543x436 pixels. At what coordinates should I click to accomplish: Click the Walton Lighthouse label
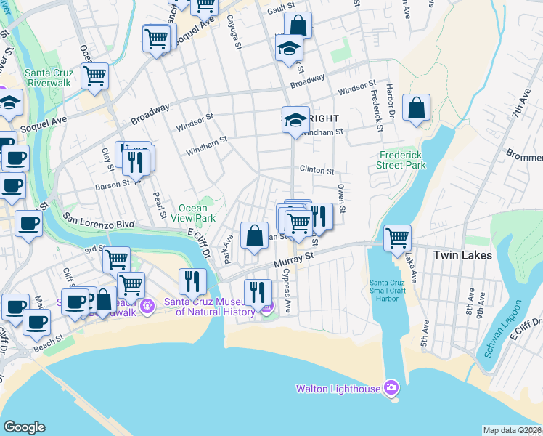pyautogui.click(x=338, y=389)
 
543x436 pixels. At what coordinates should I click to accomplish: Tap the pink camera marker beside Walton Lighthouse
pyautogui.click(x=391, y=387)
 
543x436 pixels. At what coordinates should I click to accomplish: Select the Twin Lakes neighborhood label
pyautogui.click(x=462, y=255)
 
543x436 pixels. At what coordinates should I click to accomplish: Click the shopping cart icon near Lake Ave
pyautogui.click(x=397, y=238)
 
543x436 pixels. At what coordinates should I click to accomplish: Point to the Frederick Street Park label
pyautogui.click(x=401, y=160)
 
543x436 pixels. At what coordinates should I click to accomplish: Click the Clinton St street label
pyautogui.click(x=317, y=171)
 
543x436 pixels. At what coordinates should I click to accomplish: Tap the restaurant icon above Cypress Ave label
pyautogui.click(x=258, y=292)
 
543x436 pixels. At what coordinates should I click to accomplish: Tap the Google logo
pyautogui.click(x=24, y=427)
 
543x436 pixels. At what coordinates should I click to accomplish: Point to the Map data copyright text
pyautogui.click(x=512, y=430)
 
